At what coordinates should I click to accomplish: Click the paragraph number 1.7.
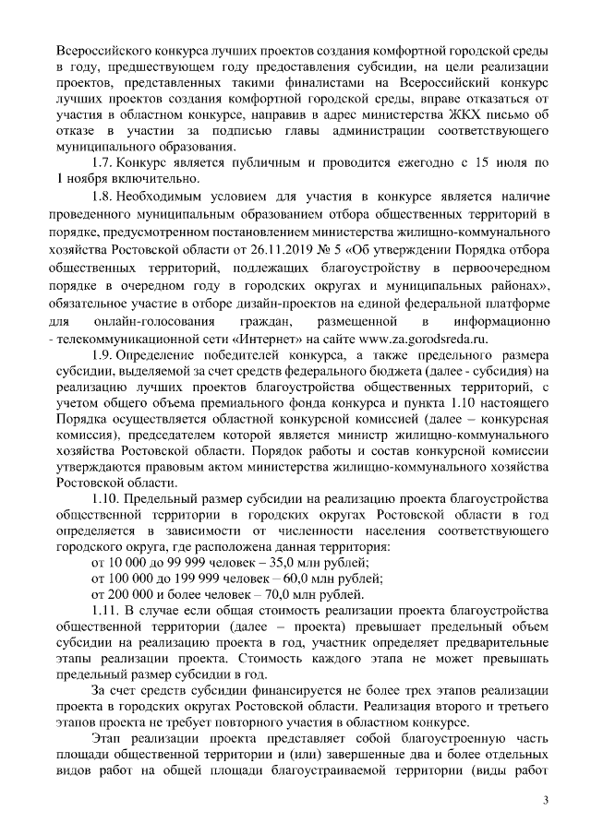(103, 163)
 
